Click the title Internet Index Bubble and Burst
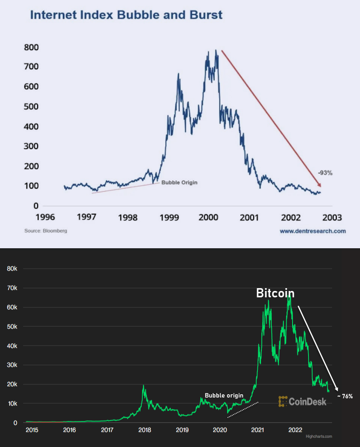pos(126,16)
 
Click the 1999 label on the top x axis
pos(169,218)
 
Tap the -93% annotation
pos(325,173)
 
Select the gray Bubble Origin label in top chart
pos(179,182)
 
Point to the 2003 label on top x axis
pos(332,218)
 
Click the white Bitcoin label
pos(275,293)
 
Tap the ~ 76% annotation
pos(345,396)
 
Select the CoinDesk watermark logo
pos(302,402)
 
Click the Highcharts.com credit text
pos(318,436)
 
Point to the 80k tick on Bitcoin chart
pos(12,269)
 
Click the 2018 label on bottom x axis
pos(144,430)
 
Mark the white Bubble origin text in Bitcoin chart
pos(224,396)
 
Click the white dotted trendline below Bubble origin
pos(243,410)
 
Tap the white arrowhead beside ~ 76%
pos(337,389)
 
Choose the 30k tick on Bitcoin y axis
pos(12,365)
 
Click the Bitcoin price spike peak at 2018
pos(143,386)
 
